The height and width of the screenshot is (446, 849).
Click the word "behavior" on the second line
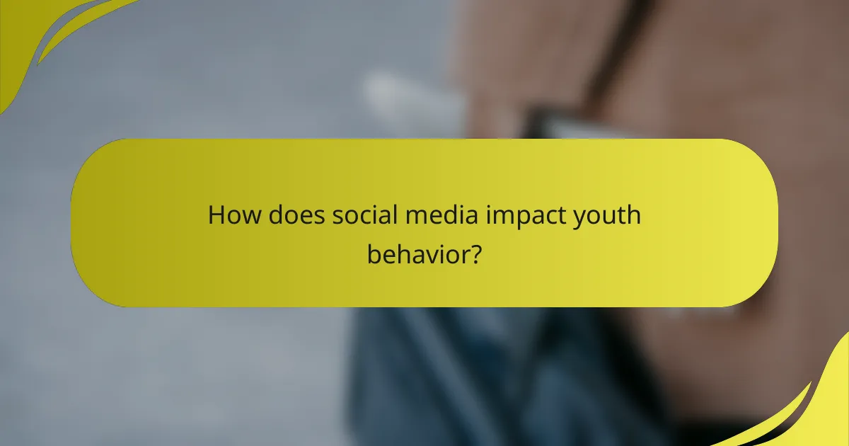click(416, 253)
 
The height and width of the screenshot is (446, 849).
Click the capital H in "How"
click(215, 215)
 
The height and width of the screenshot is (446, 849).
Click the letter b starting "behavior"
click(373, 252)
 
